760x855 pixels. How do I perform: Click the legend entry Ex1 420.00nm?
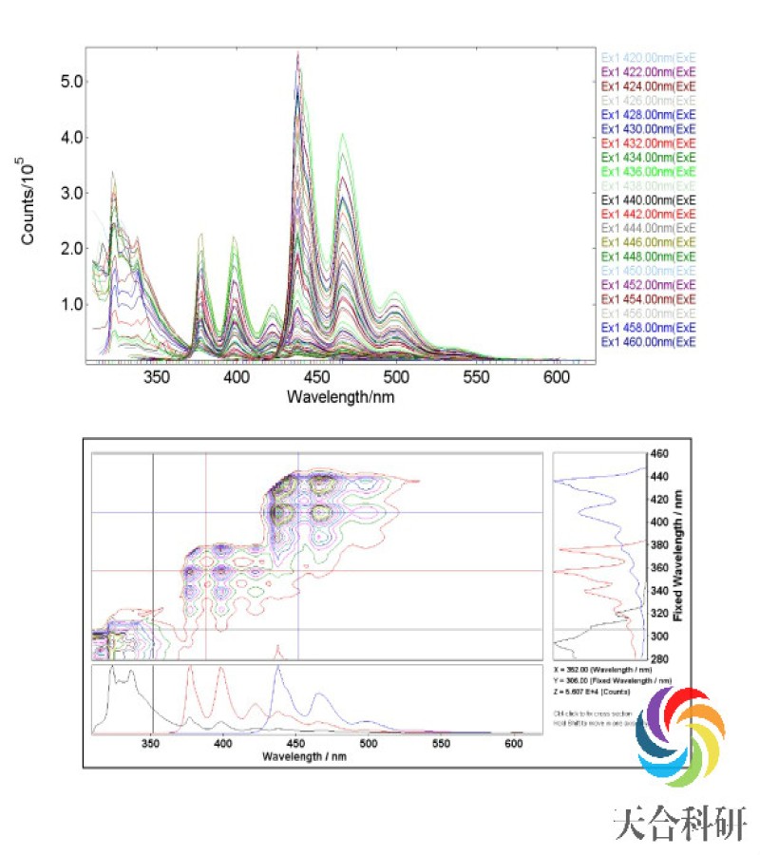pos(648,57)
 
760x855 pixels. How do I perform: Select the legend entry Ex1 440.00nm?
pos(648,199)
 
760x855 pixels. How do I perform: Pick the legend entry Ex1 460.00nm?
pos(648,342)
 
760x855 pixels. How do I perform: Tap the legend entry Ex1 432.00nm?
pos(648,142)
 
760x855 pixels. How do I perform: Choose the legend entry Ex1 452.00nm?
pos(648,285)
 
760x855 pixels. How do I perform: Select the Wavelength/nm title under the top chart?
pos(340,396)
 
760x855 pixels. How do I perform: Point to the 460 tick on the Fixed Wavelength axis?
pos(659,454)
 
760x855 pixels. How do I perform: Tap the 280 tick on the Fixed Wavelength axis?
pos(659,658)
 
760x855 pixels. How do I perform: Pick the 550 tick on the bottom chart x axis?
pos(441,746)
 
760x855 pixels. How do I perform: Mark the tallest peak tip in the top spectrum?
pos(298,54)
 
